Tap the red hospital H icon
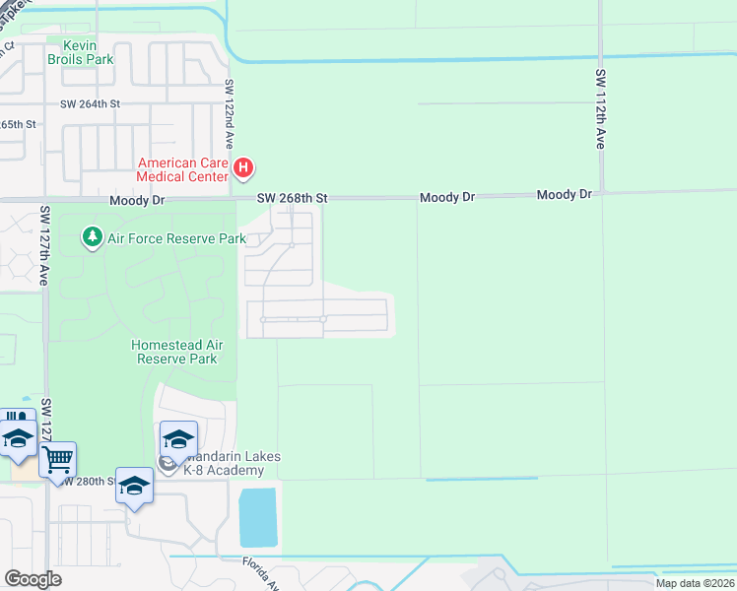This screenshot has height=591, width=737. pos(245,170)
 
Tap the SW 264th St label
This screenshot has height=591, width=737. pos(90,103)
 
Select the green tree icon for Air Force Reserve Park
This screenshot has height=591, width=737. pos(93,237)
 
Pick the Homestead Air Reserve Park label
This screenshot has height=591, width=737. pos(174,352)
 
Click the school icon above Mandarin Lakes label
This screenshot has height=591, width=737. pos(179,438)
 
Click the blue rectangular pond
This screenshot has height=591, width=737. pos(258,517)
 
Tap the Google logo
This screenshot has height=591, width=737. pos(33,579)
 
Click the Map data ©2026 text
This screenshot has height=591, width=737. pos(695,583)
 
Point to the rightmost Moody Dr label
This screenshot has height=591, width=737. pos(565,195)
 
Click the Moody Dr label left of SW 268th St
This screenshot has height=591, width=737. pos(137,200)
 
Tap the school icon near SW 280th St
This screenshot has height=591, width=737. pos(135,485)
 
